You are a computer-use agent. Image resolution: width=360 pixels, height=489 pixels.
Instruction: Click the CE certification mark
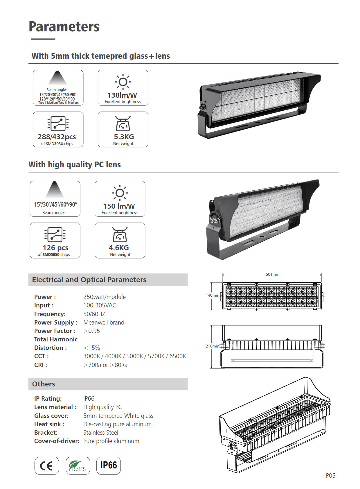pos(46,466)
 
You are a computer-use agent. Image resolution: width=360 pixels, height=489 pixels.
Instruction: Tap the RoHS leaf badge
pos(78,466)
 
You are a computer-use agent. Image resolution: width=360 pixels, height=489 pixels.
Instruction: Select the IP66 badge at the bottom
pos(109,465)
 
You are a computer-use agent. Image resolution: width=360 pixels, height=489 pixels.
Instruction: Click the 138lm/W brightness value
pos(122,95)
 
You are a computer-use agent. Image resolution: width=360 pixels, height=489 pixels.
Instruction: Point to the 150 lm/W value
pos(119,206)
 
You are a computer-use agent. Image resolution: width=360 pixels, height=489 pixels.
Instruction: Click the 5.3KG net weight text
pos(124,137)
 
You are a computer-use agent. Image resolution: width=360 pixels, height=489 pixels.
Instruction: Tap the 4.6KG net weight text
pos(119,248)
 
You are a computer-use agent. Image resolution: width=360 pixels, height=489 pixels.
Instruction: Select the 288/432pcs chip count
pos(57,137)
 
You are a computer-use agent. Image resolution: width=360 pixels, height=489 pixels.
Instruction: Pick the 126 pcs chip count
pos(55,248)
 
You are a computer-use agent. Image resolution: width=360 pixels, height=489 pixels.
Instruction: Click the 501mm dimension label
pos(272,274)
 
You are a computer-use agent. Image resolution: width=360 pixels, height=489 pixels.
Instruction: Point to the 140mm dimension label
pos(212,295)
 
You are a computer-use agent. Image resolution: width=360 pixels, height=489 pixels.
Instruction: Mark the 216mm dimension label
pos(212,346)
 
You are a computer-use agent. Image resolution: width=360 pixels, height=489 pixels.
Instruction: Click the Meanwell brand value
pos(104,323)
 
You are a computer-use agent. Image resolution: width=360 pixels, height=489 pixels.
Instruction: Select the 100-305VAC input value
pos(100,305)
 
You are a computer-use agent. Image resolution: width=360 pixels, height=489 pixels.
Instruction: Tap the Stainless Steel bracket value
pos(101,433)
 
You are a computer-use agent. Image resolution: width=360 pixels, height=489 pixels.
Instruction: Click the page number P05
pos(330,476)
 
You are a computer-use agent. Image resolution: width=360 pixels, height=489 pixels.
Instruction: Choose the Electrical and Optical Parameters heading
pos(89,280)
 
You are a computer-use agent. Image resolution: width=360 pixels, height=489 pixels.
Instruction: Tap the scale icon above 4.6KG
pos(120,234)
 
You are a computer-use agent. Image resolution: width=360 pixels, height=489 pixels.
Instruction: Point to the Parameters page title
pos(64,27)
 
